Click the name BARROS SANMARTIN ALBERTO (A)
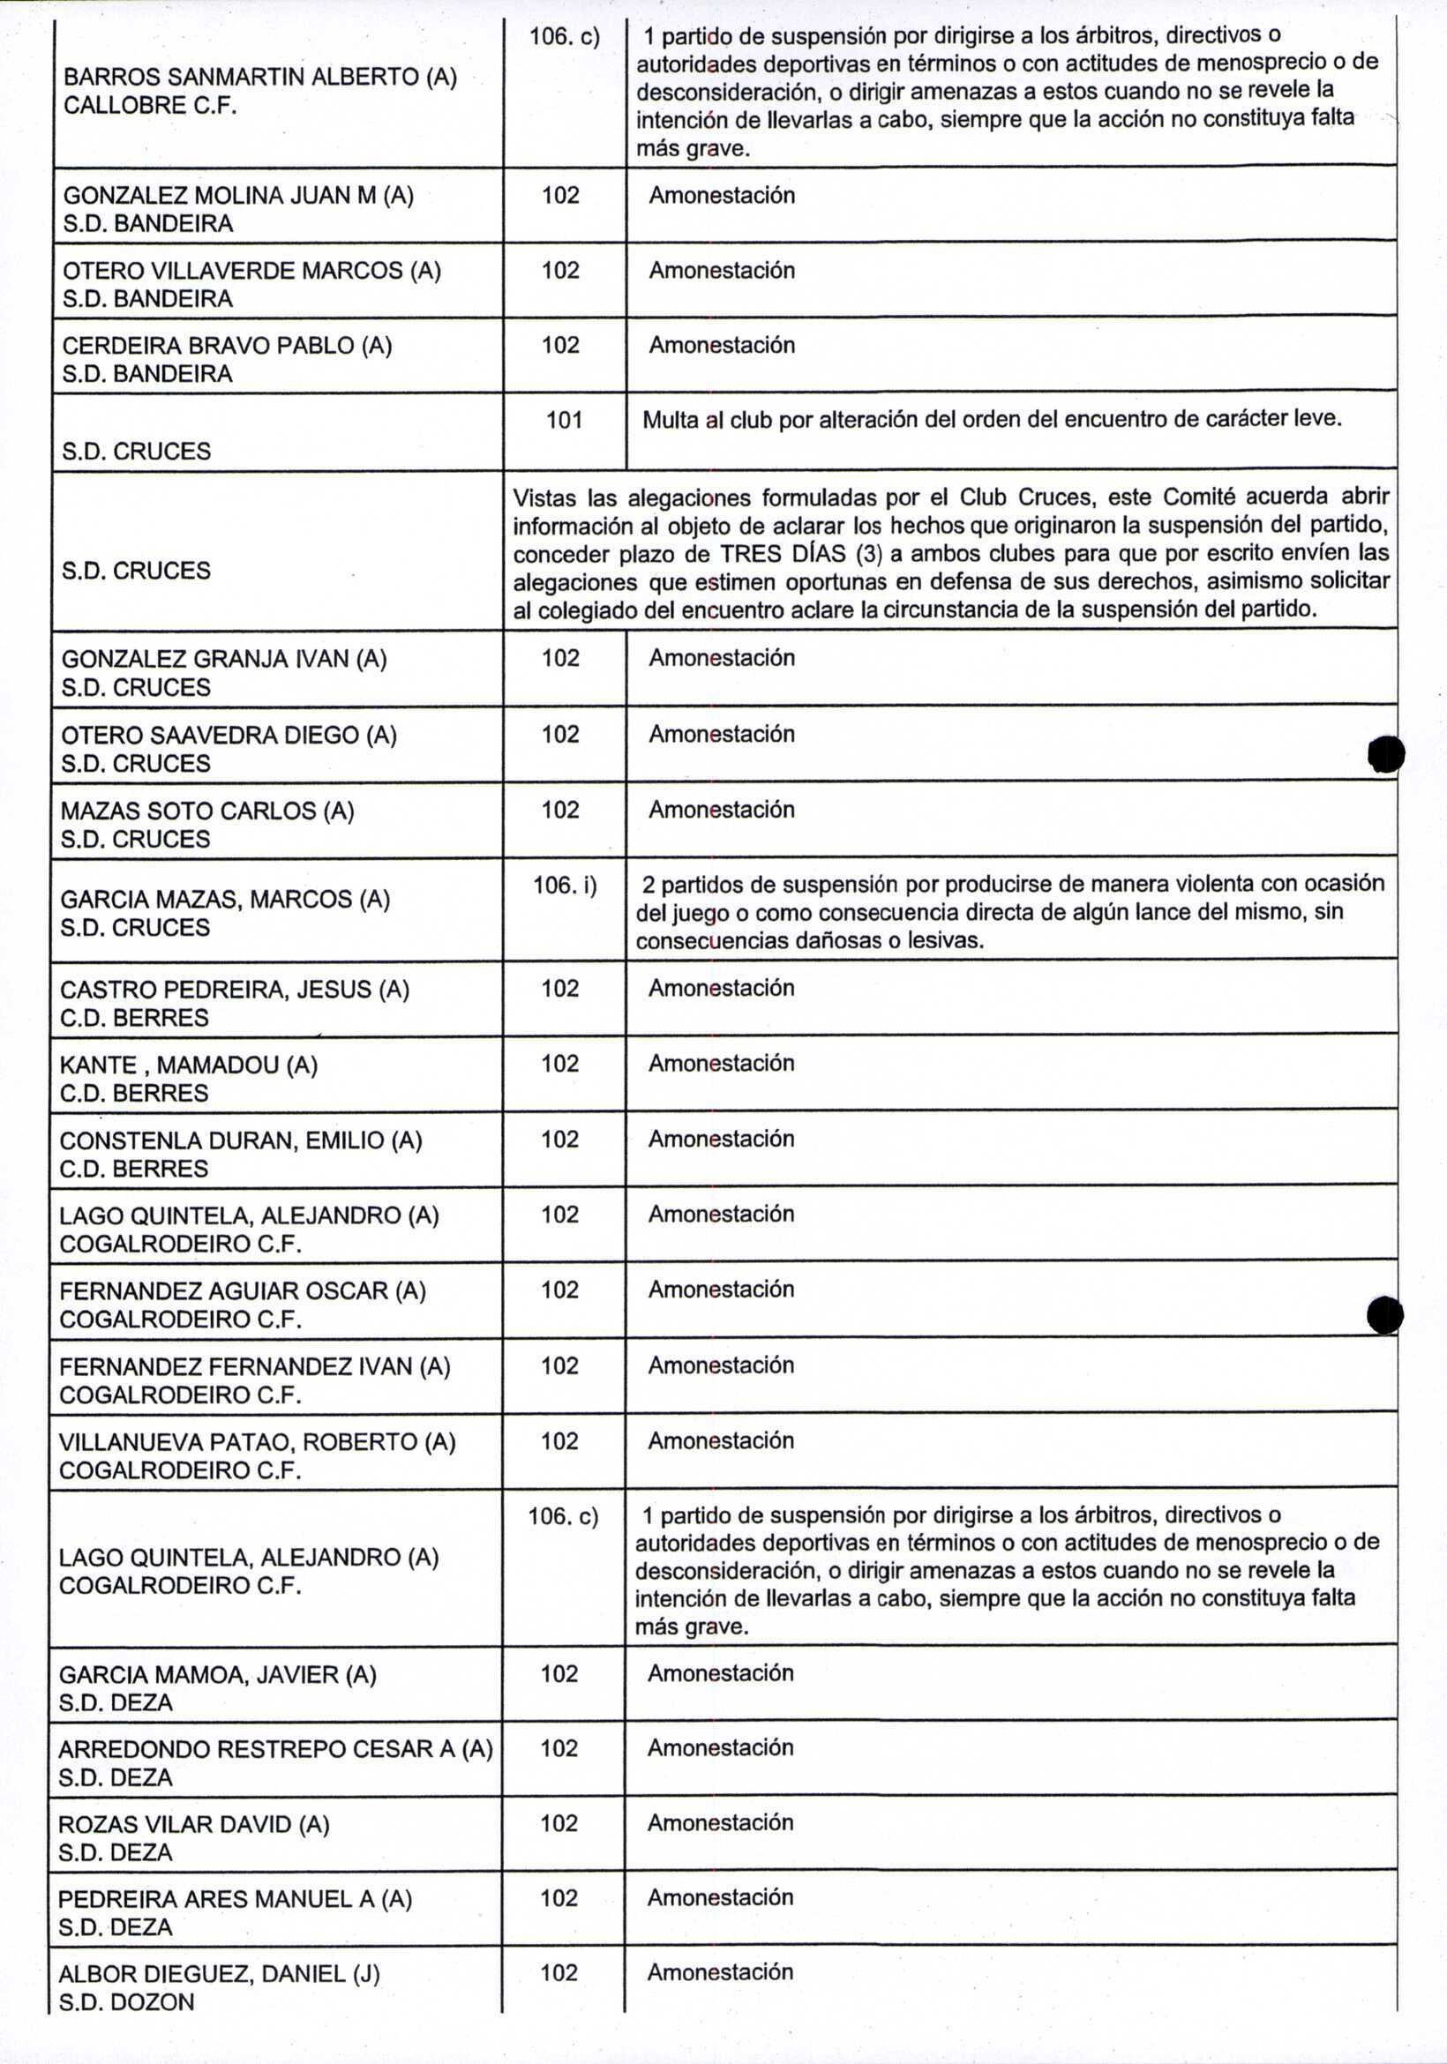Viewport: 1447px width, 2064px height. [x=260, y=78]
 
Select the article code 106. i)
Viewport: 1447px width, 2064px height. [x=565, y=886]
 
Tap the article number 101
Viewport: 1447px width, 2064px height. [x=564, y=420]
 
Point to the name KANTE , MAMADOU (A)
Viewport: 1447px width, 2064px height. [x=189, y=1066]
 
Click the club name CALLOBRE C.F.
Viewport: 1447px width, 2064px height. [x=149, y=106]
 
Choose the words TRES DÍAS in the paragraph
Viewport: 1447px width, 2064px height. [x=783, y=554]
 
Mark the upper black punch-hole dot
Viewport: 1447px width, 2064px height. [x=1385, y=754]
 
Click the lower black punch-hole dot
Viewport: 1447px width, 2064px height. [x=1384, y=1316]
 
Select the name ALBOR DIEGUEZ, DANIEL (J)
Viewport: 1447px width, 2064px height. [x=220, y=1974]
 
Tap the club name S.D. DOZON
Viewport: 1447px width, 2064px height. [x=126, y=2003]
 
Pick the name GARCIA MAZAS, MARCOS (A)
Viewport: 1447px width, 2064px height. [x=225, y=900]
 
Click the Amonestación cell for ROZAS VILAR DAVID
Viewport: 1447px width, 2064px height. [x=720, y=1823]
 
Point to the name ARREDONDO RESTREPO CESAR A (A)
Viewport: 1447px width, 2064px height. [x=275, y=1749]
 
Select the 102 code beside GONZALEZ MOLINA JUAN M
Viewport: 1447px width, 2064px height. [x=560, y=196]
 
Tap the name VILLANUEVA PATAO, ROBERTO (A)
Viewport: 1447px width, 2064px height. [x=258, y=1443]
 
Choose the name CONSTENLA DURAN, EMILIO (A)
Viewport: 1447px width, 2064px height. [x=240, y=1140]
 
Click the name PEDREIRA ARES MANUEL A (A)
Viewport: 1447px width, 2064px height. [x=235, y=1899]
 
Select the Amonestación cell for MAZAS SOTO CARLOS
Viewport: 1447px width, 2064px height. [x=721, y=810]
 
